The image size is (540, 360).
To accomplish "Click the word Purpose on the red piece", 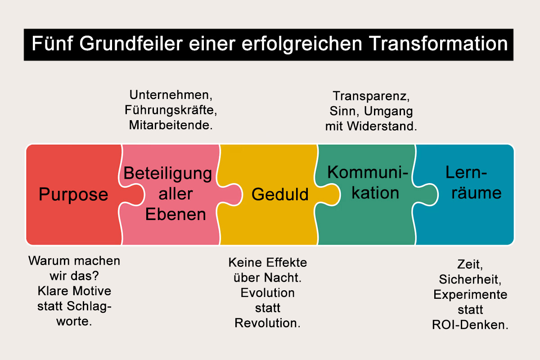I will [x=73, y=194].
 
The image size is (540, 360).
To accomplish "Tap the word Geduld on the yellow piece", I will [x=280, y=194].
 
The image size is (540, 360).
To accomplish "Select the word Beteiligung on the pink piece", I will [x=168, y=173].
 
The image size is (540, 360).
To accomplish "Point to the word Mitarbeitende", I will [x=171, y=125].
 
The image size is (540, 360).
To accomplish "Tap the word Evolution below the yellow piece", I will [x=268, y=292].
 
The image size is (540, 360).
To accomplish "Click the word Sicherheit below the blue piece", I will [x=469, y=279].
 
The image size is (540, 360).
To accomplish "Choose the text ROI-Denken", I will [x=470, y=325].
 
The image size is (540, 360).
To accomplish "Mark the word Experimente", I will [x=470, y=294].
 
